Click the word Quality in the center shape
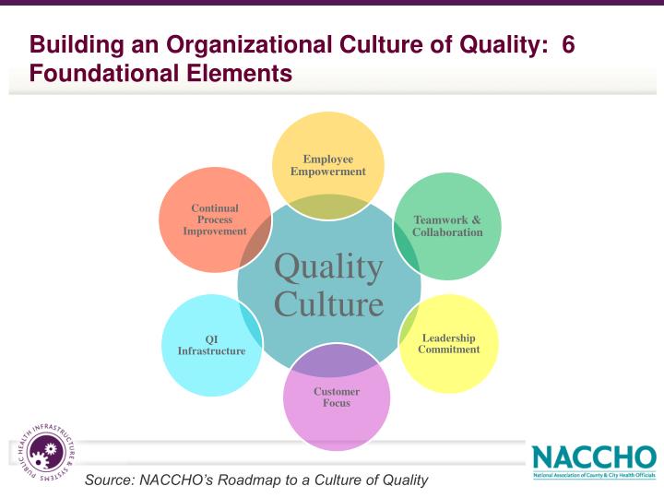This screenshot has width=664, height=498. click(x=328, y=267)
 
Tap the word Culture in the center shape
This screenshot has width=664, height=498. click(x=328, y=303)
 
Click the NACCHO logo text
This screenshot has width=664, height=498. click(x=594, y=456)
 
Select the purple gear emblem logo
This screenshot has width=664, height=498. click(x=43, y=452)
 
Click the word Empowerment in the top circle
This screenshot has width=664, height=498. click(x=328, y=172)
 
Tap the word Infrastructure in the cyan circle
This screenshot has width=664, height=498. click(x=211, y=351)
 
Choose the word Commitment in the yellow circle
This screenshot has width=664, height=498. click(x=449, y=350)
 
